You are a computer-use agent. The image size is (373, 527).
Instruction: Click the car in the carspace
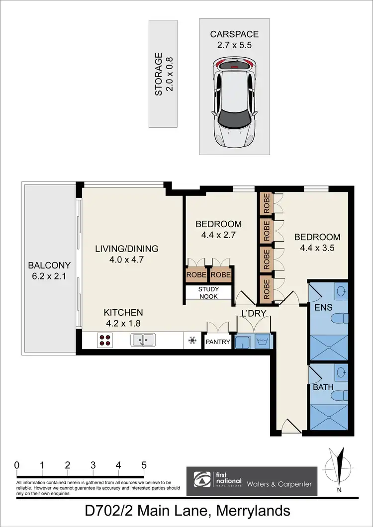pos(234,102)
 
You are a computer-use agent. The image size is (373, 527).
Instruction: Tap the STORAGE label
pos(159,74)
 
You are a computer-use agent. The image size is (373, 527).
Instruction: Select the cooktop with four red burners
pos(105,341)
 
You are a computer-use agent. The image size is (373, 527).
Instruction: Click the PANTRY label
pos(218,342)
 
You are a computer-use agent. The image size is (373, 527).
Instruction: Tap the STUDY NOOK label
pos(208,293)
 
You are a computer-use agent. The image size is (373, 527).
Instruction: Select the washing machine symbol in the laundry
pos(262,342)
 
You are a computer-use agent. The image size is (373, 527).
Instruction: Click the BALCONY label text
pos(49,265)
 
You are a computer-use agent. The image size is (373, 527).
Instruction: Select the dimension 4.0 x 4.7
pos(126,260)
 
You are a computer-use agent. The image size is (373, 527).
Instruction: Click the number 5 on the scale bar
pos(144,465)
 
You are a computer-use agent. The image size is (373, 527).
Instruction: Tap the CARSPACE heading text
pos(234,34)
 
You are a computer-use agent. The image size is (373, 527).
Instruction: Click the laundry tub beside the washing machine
pos(243,342)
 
